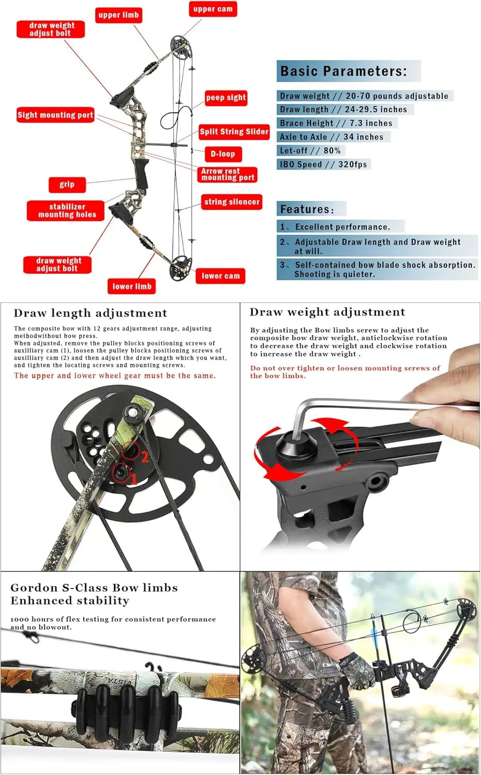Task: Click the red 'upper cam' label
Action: [212, 9]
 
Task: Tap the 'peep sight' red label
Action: [226, 97]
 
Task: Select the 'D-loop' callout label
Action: [223, 153]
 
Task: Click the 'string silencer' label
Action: [231, 202]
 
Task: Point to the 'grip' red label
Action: [67, 184]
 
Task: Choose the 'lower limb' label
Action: [132, 286]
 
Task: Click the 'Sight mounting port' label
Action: [55, 115]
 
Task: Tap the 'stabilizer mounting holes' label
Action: [67, 210]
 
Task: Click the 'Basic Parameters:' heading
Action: [344, 71]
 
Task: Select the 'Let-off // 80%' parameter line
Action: [310, 150]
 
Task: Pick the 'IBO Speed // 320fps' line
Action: [323, 164]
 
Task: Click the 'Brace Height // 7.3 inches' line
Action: [336, 123]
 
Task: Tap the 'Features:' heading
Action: [307, 209]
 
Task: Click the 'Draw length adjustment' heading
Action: [90, 313]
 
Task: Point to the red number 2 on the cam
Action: [145, 456]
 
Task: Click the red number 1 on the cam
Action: [133, 479]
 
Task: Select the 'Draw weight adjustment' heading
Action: [327, 312]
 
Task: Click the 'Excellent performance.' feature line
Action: [342, 227]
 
